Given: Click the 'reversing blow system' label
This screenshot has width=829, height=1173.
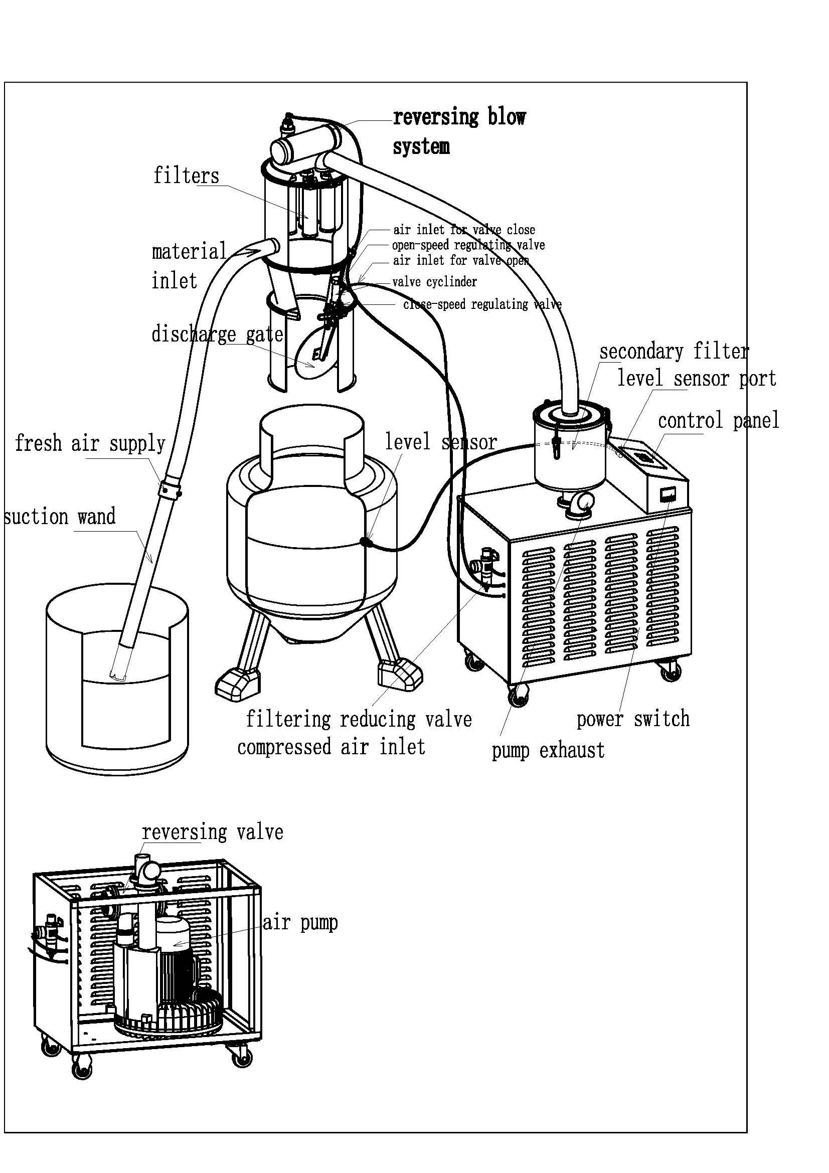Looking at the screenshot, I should coord(459,132).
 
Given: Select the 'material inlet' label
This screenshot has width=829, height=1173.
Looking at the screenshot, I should coord(189,266).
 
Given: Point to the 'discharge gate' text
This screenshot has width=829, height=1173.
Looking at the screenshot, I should coord(217,334).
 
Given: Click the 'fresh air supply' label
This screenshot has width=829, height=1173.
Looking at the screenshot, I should coord(90,443).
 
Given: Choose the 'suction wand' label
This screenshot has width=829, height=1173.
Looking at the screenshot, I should coord(60,517).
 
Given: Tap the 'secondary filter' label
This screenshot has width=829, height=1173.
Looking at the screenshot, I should coord(674,352).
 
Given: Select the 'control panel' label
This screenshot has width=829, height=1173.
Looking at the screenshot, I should coord(718,420).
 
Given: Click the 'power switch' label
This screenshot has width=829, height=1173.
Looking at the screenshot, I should coord(633,719).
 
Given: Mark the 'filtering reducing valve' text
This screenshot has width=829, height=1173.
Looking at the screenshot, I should coord(359,719).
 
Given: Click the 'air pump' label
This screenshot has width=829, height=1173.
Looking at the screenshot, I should coord(300,923).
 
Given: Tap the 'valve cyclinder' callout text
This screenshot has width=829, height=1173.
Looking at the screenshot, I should coord(434,282).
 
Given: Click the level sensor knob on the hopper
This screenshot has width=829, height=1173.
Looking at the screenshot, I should coord(365,542).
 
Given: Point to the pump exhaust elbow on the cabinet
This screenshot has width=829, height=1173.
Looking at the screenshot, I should coord(580,502).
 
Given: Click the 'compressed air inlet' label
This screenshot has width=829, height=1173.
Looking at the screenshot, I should coord(331,747).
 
